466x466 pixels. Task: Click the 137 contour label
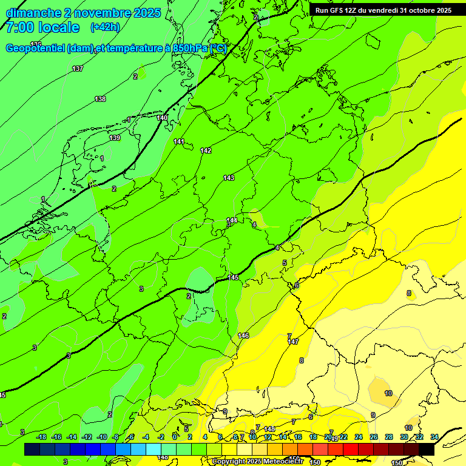(78, 69)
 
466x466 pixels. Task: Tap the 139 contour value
(115, 138)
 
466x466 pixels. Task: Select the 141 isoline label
(179, 141)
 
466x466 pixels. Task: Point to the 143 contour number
(229, 178)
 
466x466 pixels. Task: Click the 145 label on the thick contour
(234, 277)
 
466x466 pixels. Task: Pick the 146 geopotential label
(243, 336)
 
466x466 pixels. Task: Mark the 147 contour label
(293, 342)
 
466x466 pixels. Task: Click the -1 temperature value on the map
(129, 120)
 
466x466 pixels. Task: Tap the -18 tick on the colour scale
(42, 437)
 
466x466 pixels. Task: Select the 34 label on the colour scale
(434, 437)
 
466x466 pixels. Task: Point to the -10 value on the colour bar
(102, 437)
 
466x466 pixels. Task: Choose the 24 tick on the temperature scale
(359, 437)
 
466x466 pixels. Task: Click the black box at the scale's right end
(427, 449)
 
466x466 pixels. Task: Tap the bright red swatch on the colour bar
(351, 449)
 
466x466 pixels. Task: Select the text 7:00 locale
(42, 27)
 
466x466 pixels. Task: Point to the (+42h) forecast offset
(105, 27)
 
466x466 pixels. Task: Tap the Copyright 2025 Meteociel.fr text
(258, 461)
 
